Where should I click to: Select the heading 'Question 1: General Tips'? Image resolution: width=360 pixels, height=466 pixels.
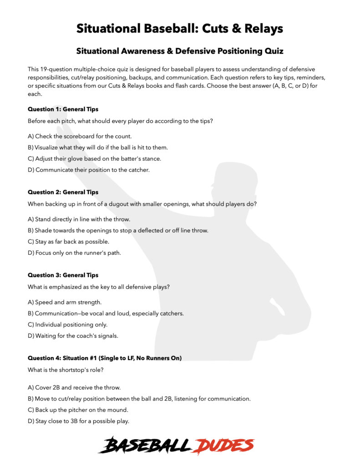click(x=63, y=109)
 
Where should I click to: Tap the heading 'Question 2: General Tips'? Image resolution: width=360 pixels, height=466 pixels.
click(x=63, y=192)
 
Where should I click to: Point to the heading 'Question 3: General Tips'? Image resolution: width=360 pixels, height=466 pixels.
click(x=63, y=275)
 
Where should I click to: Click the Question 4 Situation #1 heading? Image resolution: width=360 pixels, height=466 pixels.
click(x=105, y=358)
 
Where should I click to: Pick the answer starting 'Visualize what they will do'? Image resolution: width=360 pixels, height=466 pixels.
click(x=98, y=147)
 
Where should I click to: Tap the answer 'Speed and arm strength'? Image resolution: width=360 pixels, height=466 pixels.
click(x=65, y=302)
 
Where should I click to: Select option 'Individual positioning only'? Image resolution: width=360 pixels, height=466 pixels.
click(x=67, y=324)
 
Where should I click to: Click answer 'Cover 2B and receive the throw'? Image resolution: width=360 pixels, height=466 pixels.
click(x=74, y=387)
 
